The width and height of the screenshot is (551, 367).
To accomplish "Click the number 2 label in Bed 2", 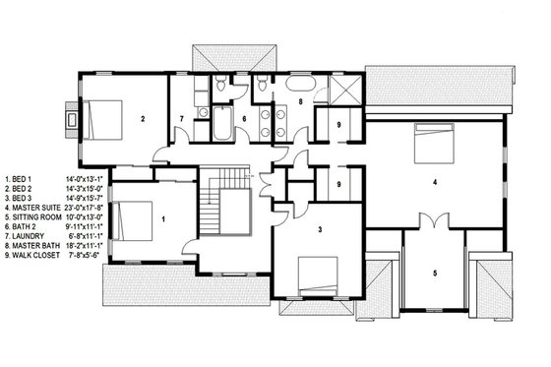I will [143, 119].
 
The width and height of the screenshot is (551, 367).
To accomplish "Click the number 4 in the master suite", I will [434, 181].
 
